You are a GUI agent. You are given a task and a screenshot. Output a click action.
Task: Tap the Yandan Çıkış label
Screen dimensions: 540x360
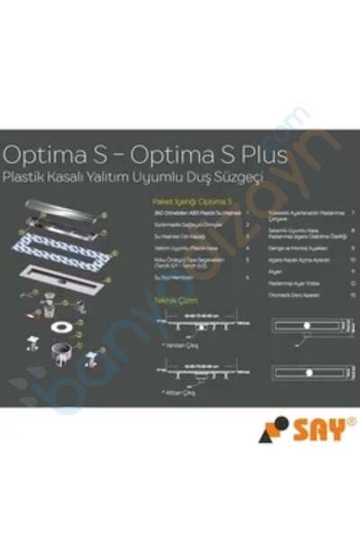177,345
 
